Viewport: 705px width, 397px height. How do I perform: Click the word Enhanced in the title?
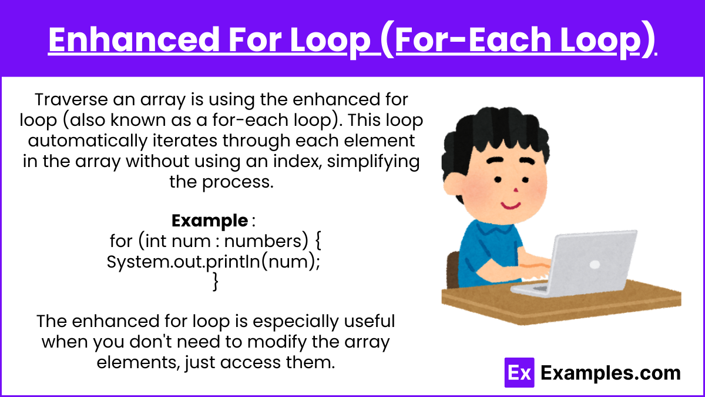pyautogui.click(x=135, y=39)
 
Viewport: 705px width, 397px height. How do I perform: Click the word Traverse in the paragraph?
pyautogui.click(x=71, y=99)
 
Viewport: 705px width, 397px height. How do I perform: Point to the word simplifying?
pyautogui.click(x=373, y=162)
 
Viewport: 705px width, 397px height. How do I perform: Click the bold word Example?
pyautogui.click(x=210, y=221)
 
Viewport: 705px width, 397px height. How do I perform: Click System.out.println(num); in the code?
pyautogui.click(x=213, y=262)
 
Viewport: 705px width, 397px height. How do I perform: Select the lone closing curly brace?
pyautogui.click(x=216, y=281)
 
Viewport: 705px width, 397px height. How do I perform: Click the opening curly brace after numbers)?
pyautogui.click(x=318, y=241)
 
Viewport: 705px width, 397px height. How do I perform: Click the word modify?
pyautogui.click(x=276, y=342)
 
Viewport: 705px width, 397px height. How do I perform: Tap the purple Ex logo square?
pyautogui.click(x=519, y=372)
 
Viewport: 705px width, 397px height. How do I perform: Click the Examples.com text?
pyautogui.click(x=610, y=373)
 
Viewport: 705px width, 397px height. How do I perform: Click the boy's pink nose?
pyautogui.click(x=516, y=190)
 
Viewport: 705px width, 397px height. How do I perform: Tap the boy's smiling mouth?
pyautogui.click(x=511, y=205)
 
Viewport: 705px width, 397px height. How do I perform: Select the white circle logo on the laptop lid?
pyautogui.click(x=595, y=264)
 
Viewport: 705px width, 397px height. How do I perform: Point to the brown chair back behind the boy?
pyautogui.click(x=453, y=270)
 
